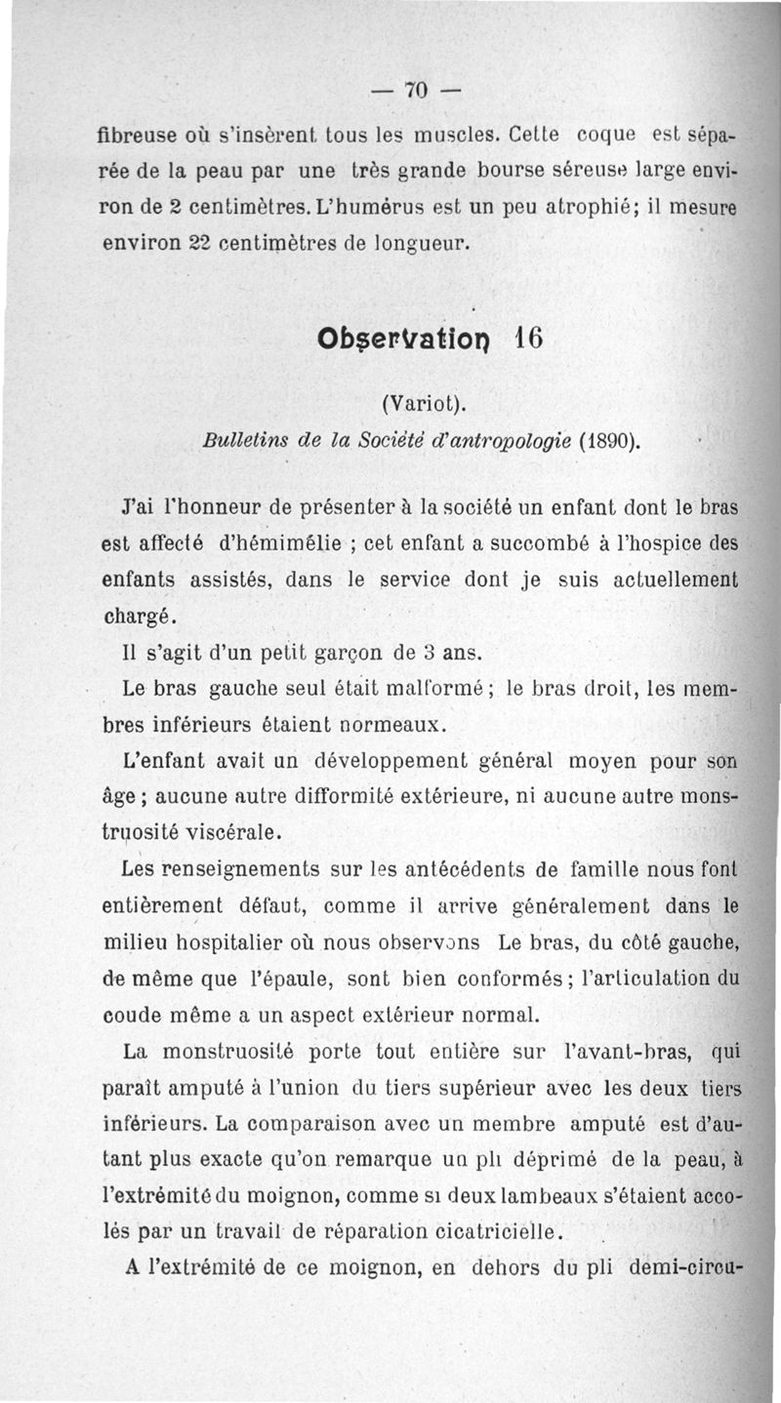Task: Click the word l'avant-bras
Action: pos(624,1053)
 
